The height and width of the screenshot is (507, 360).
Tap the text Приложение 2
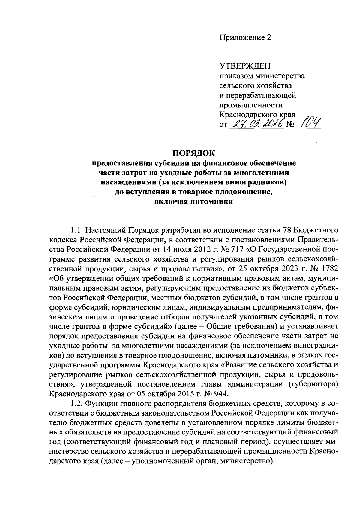(245, 37)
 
